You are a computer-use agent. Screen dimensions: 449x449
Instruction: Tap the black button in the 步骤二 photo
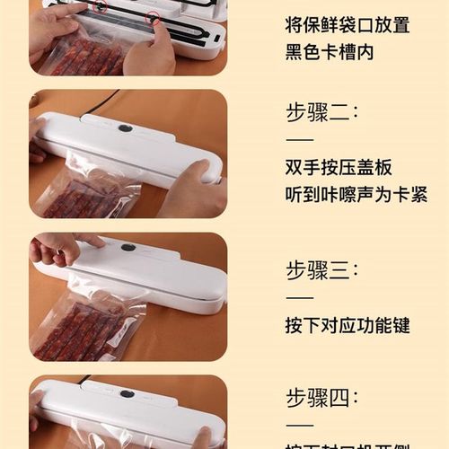[126, 128]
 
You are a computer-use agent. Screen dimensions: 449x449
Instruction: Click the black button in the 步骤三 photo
[128, 247]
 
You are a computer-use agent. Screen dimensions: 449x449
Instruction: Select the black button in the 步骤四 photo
[127, 393]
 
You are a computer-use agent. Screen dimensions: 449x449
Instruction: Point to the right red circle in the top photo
[154, 17]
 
